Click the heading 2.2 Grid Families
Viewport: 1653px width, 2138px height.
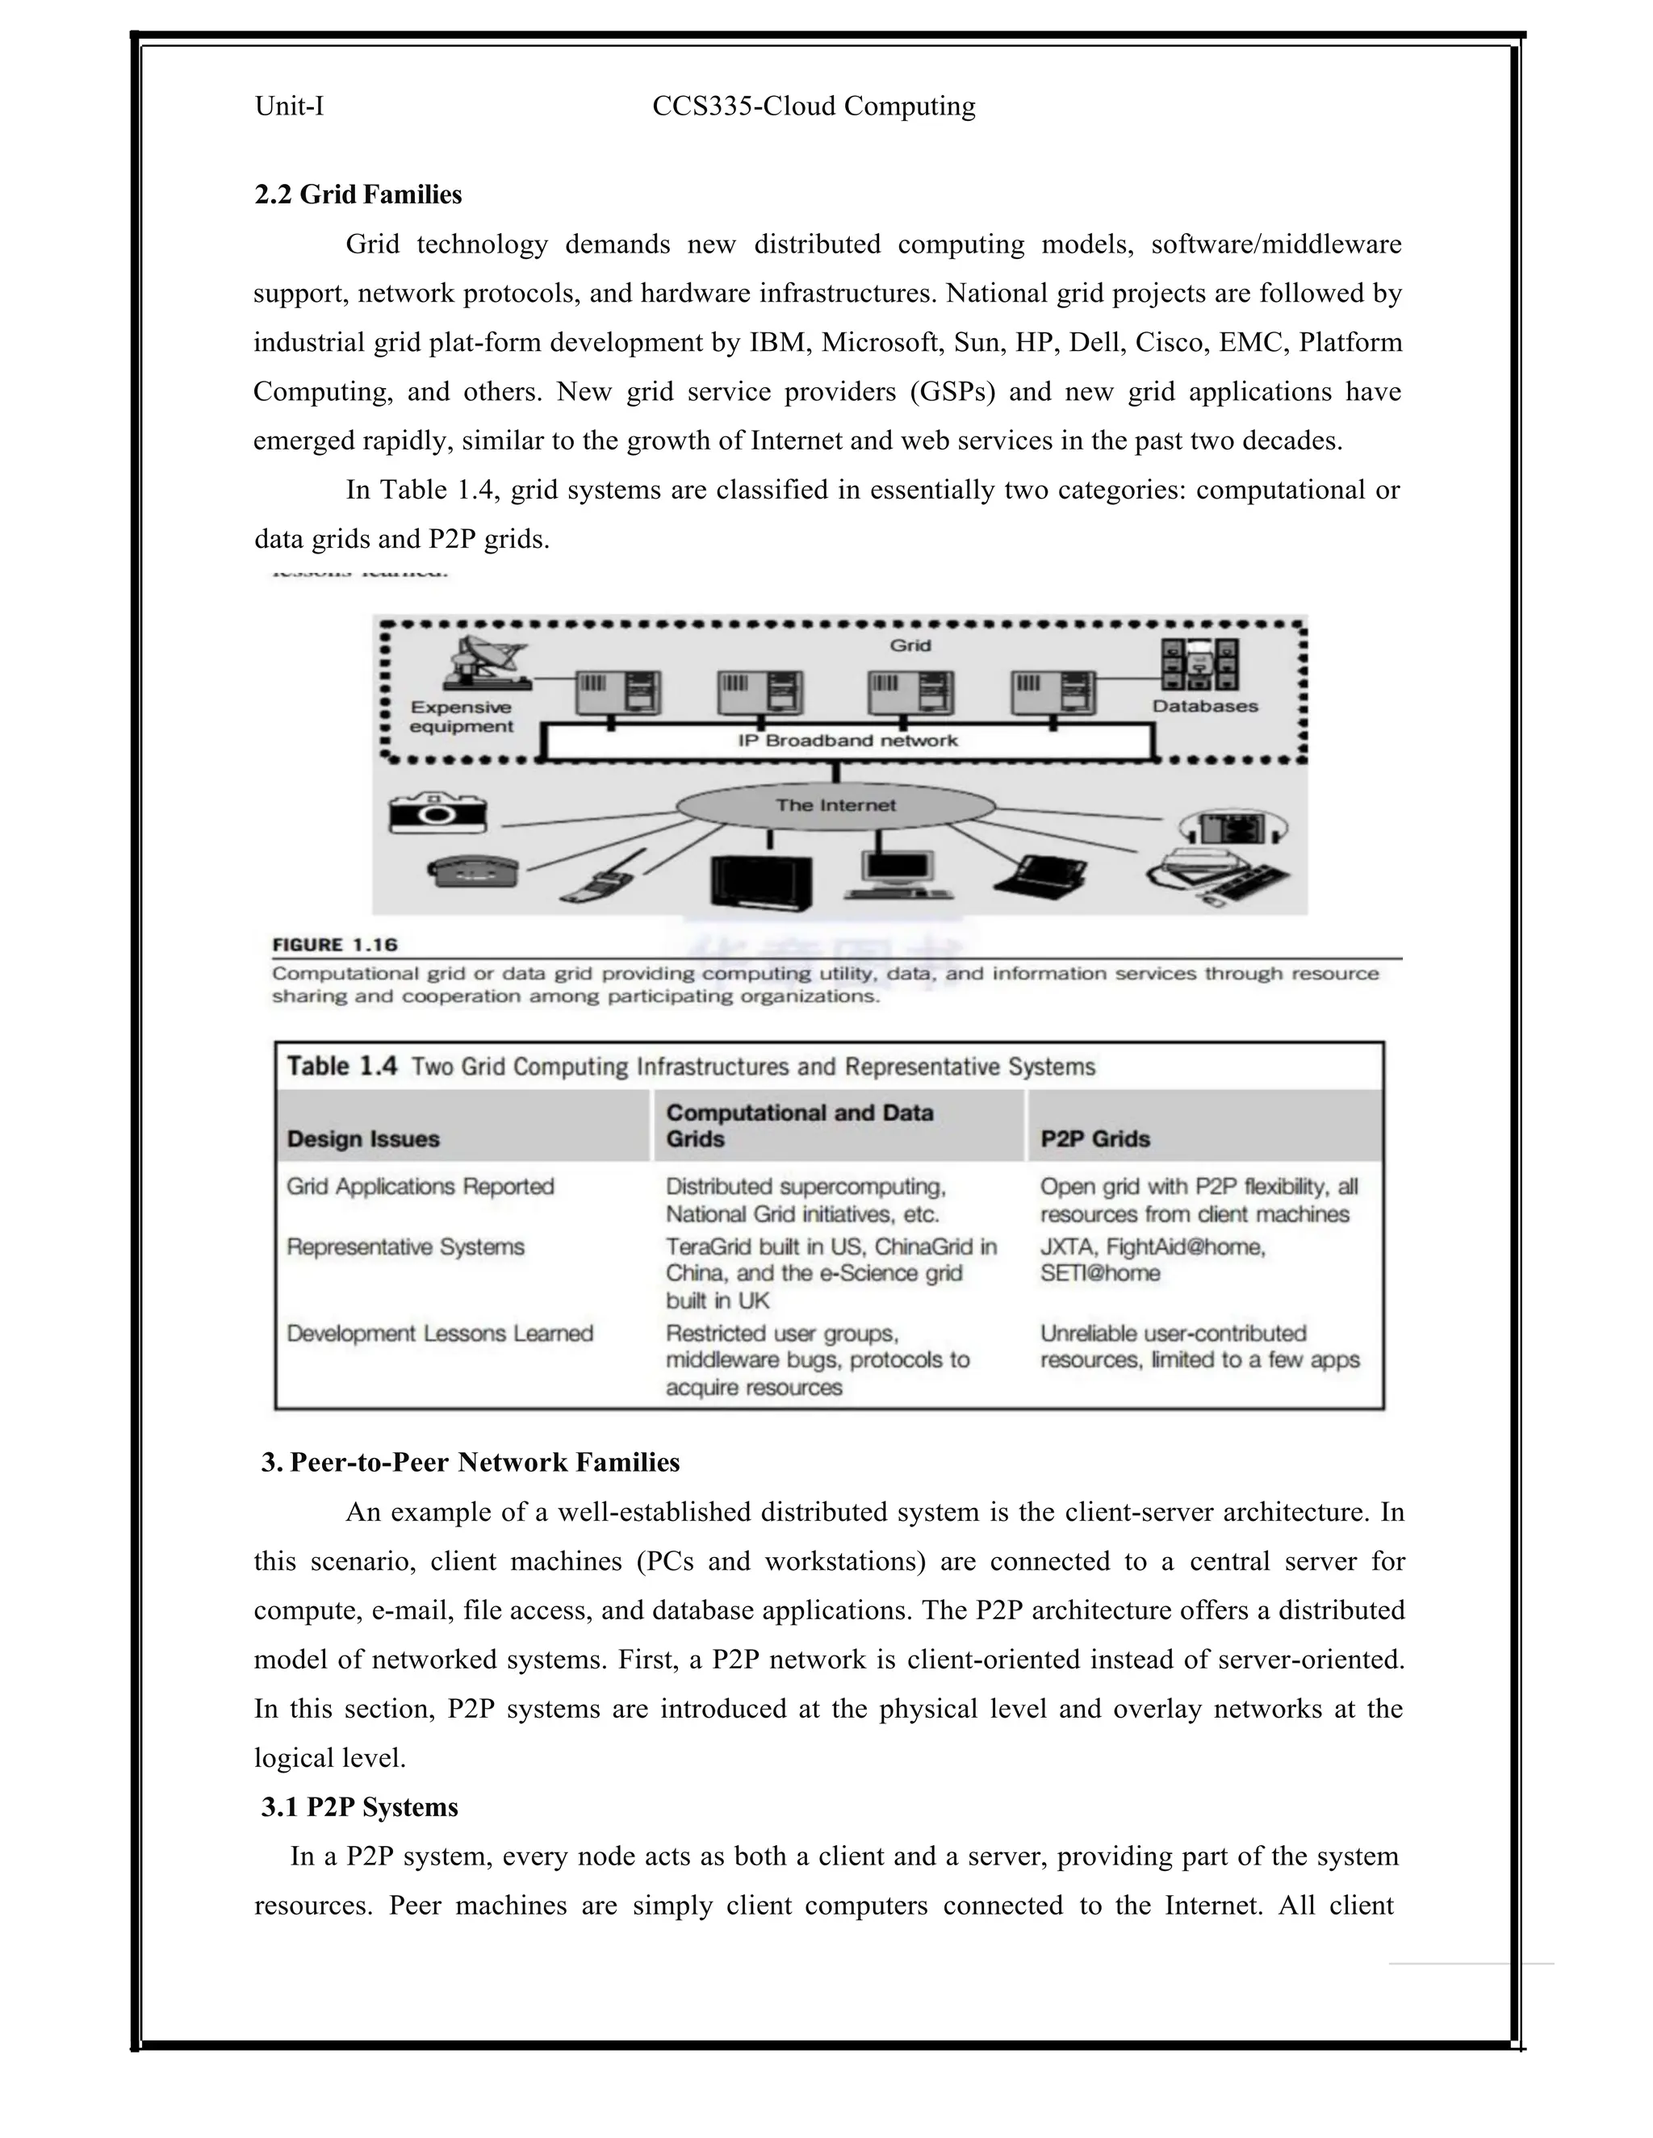358,194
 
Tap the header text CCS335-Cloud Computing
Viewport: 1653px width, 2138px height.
814,106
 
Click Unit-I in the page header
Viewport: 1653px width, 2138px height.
289,106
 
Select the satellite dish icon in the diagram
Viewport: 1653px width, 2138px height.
483,662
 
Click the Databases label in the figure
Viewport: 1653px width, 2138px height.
1204,706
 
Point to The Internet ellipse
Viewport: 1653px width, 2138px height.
835,806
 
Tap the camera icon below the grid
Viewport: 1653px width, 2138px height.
437,812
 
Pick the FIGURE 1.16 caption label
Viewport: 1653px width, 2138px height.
335,945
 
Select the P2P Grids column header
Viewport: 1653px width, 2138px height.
1094,1138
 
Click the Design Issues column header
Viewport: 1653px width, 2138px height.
363,1138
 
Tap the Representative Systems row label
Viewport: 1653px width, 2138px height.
405,1247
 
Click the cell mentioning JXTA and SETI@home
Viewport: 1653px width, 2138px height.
1153,1260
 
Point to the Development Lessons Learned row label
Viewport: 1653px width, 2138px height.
440,1334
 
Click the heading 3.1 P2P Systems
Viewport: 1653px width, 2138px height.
359,1807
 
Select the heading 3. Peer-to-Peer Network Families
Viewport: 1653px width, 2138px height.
470,1463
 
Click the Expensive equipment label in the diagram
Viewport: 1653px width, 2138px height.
461,716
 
